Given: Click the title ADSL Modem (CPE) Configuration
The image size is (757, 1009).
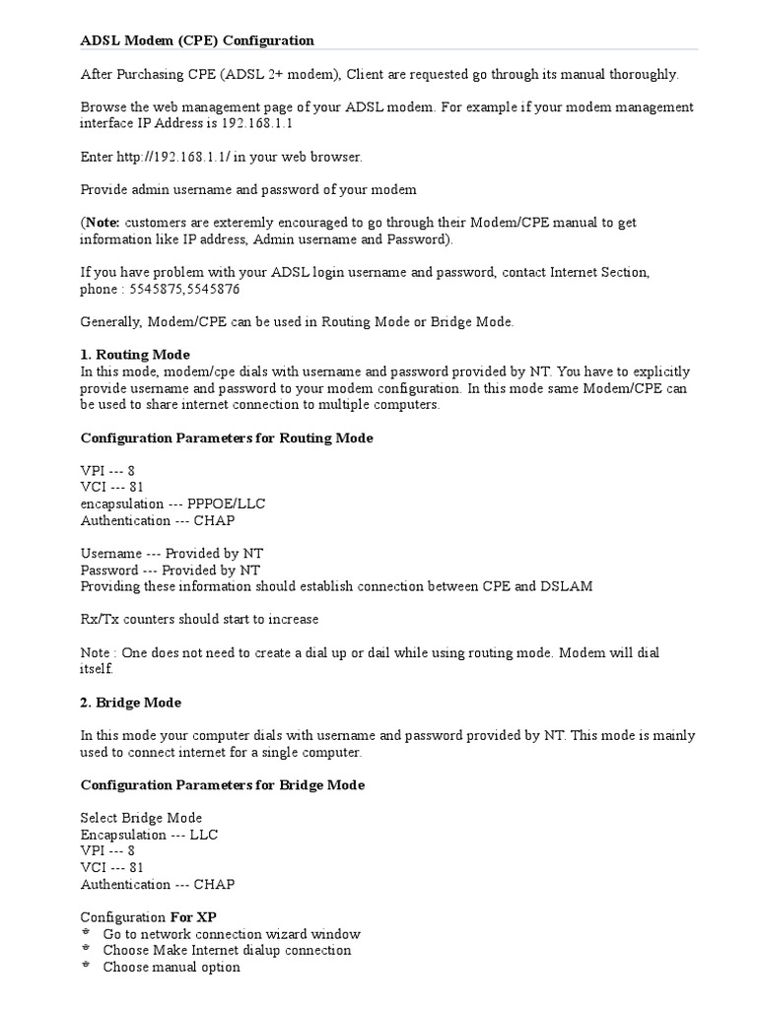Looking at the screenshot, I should point(197,40).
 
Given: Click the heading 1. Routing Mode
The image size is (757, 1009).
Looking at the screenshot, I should point(135,354).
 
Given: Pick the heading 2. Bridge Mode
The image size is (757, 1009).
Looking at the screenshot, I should point(130,702).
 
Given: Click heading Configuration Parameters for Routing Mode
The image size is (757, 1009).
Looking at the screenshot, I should point(226,437).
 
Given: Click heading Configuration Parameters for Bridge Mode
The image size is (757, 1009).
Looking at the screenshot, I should point(222,784).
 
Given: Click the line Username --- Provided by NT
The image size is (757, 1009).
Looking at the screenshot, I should point(172,554).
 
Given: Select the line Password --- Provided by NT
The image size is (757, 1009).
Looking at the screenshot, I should point(170,570).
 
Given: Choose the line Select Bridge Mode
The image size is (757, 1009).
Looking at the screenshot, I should point(141,818).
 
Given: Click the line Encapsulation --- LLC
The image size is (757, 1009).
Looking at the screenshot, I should point(149,834).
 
